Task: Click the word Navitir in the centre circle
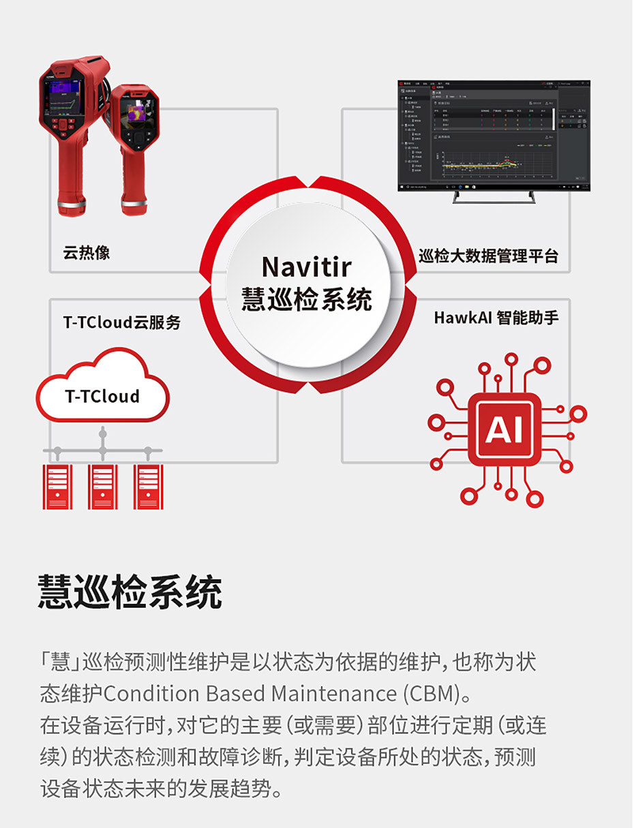click(x=306, y=266)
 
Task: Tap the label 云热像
click(x=87, y=254)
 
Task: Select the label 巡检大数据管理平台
click(x=488, y=256)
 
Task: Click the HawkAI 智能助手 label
click(x=496, y=318)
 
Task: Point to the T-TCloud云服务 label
click(x=122, y=322)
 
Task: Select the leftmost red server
click(x=57, y=487)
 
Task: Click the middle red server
click(x=103, y=487)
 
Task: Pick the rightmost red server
click(x=149, y=487)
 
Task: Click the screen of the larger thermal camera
click(x=63, y=97)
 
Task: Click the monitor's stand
click(x=494, y=198)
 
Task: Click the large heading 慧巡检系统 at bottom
click(x=130, y=592)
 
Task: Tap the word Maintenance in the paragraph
click(x=333, y=694)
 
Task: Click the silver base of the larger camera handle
click(x=72, y=203)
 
